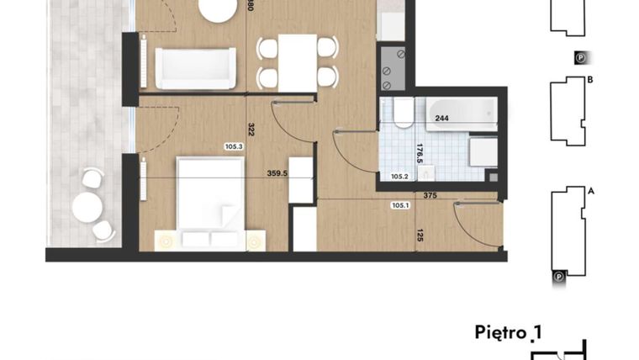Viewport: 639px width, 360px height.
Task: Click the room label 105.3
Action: pos(234,146)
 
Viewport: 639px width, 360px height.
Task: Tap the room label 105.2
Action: pos(399,177)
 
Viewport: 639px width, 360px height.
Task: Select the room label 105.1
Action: pos(400,204)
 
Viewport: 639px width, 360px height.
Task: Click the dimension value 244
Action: pos(441,119)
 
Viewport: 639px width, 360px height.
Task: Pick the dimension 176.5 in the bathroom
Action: pos(420,156)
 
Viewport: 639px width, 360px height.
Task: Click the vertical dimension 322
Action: pos(251,130)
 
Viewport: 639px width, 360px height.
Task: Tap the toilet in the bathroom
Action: pos(402,114)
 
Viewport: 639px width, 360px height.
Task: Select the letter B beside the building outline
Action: pos(591,81)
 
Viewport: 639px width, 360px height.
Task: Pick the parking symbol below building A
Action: pos(557,274)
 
